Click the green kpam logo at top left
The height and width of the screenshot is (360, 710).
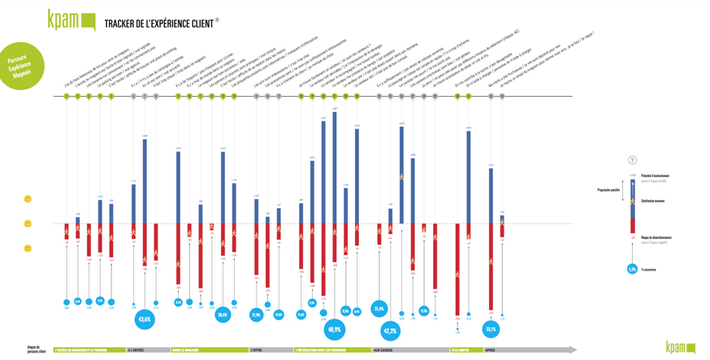71,20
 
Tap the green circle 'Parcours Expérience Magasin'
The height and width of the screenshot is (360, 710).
19,66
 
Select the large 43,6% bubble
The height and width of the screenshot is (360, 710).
145,319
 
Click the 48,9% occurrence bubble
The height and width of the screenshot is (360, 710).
334,329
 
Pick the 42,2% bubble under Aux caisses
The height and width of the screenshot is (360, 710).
390,331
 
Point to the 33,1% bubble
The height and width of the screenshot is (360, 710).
491,329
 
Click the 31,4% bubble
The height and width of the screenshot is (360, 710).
379,309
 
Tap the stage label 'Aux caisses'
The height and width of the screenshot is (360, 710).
383,350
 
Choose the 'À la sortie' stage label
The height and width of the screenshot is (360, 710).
460,350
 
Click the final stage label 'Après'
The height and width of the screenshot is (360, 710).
490,350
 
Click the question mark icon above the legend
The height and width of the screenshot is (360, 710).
632,160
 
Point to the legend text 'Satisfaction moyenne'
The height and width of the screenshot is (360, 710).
656,200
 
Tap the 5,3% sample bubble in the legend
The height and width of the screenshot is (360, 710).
632,269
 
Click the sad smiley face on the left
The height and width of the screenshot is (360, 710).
28,249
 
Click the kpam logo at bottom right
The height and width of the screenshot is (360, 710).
680,347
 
